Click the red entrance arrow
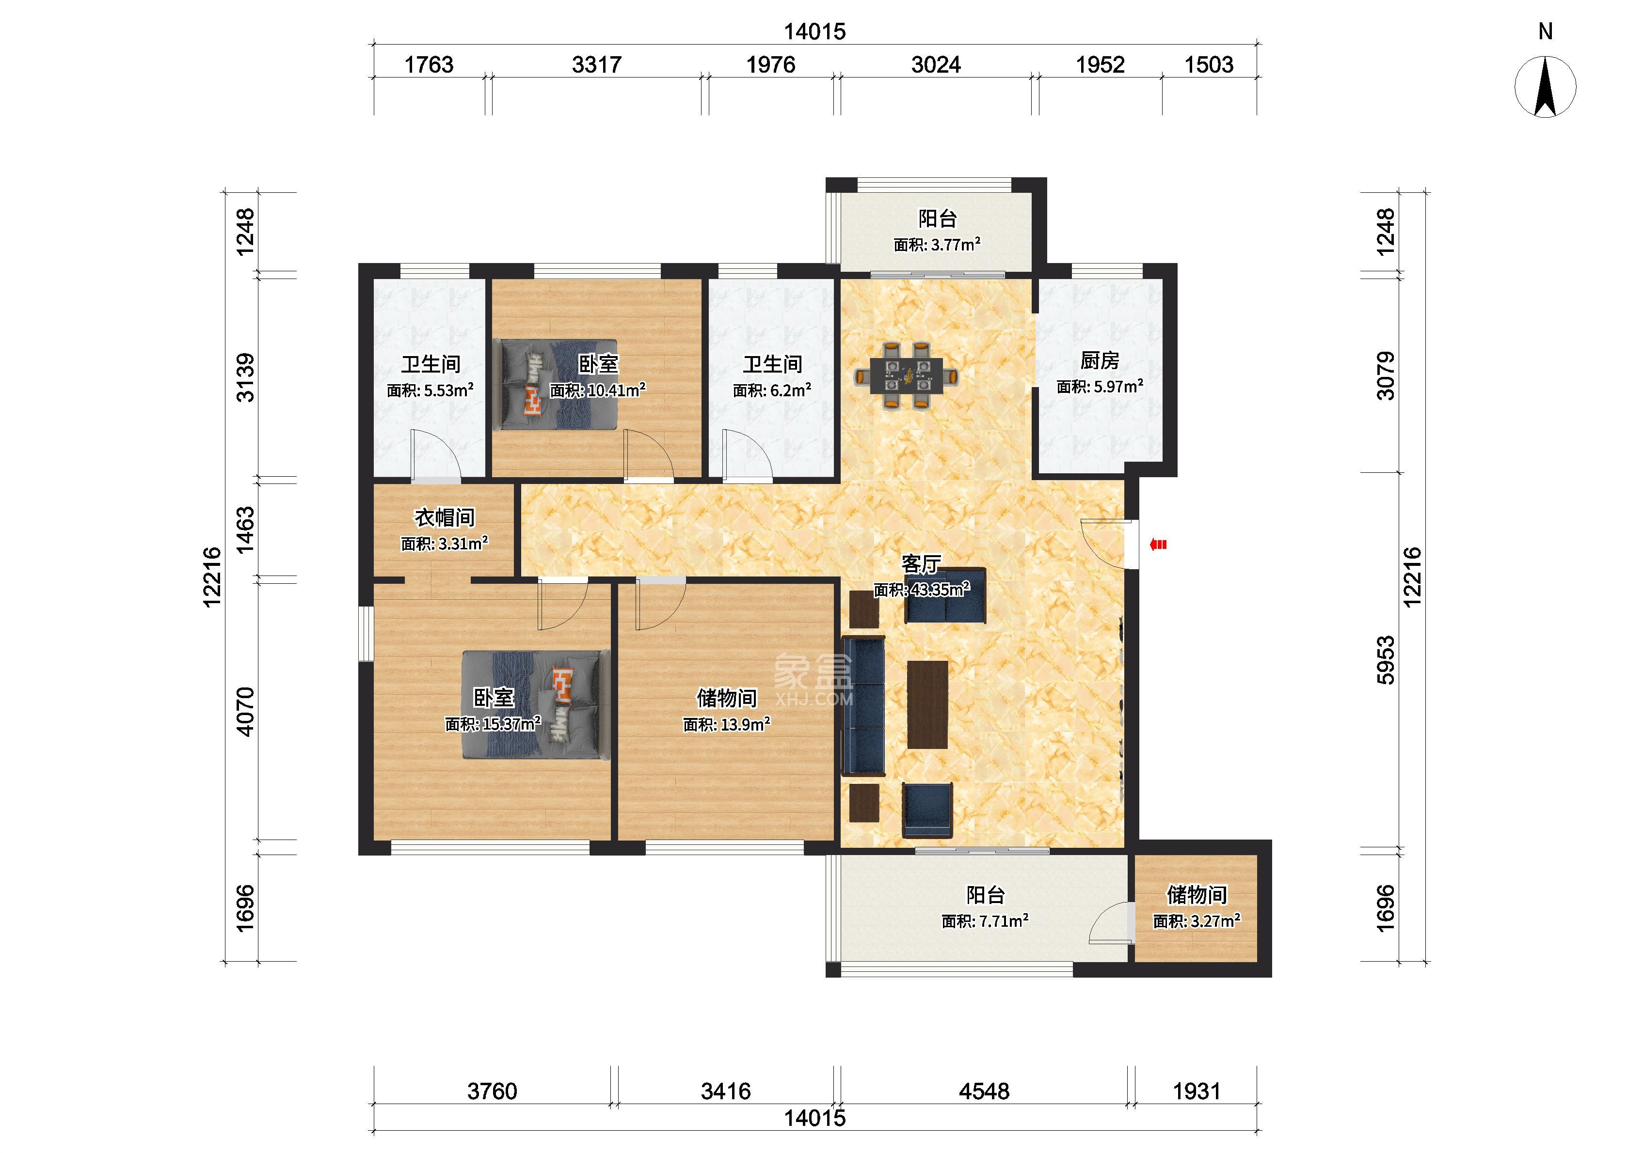(x=1159, y=545)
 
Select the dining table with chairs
(x=905, y=375)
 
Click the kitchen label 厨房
(x=1100, y=361)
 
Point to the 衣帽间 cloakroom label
(x=445, y=517)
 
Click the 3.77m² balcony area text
(x=937, y=245)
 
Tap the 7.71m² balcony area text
(x=985, y=921)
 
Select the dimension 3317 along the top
(x=597, y=65)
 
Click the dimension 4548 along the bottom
(x=984, y=1091)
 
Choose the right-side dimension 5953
(x=1385, y=660)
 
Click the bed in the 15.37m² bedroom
(x=536, y=705)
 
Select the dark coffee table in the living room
(x=927, y=704)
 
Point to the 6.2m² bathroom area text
(x=772, y=390)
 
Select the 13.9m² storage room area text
(x=727, y=725)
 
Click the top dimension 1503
(x=1209, y=65)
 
